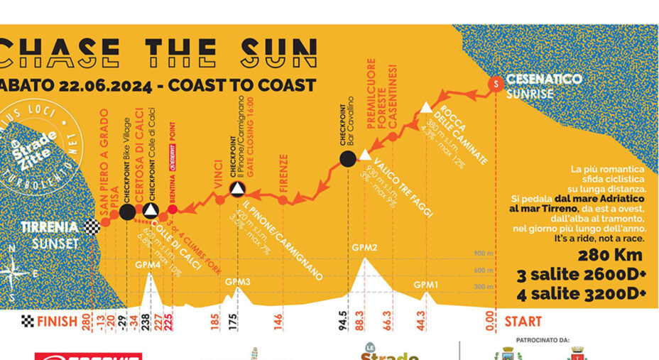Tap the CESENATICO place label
(544, 80)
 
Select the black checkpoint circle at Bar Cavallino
(347, 158)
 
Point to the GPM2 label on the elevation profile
(364, 247)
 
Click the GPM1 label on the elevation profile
(426, 284)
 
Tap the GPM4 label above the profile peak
(149, 264)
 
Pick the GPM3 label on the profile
(238, 281)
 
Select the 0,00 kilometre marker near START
(491, 321)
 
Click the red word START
(523, 322)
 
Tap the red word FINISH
(58, 322)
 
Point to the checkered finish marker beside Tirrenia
(92, 227)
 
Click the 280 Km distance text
(610, 256)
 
